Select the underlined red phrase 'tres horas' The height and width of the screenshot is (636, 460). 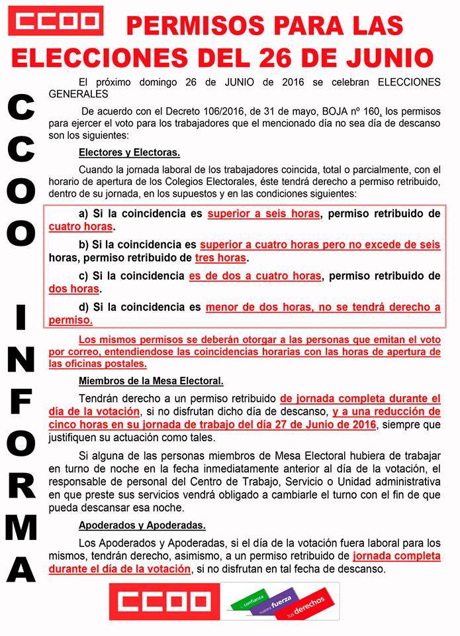tap(220, 258)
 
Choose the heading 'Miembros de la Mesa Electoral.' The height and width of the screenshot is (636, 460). tap(151, 381)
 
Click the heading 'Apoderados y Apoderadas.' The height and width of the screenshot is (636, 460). tap(142, 525)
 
